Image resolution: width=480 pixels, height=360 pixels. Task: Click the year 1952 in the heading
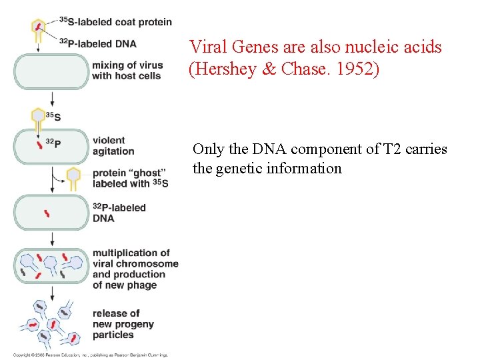click(359, 70)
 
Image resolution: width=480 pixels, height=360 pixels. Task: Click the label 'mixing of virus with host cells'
click(127, 71)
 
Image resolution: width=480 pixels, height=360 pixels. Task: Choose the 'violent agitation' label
click(114, 145)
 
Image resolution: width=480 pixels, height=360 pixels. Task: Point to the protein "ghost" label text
click(131, 178)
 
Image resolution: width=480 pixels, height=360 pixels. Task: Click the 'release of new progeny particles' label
click(123, 324)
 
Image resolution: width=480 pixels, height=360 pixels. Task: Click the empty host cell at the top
click(51, 71)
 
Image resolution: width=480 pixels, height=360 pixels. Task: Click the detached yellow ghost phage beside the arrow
click(73, 177)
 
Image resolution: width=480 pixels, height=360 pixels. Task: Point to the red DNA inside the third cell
click(47, 213)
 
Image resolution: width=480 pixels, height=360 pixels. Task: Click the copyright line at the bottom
click(91, 355)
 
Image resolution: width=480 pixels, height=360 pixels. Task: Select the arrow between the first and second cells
click(51, 99)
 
